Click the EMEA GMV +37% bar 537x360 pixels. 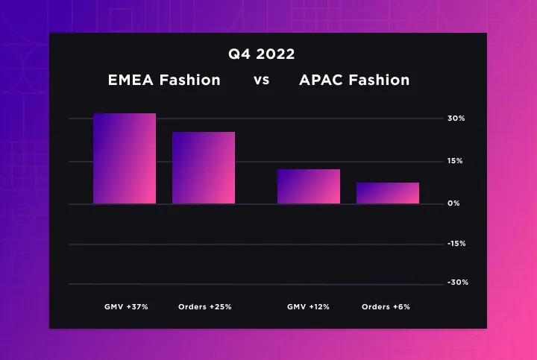click(x=125, y=159)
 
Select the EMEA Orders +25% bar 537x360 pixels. click(x=204, y=168)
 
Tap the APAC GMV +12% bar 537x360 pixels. click(x=309, y=186)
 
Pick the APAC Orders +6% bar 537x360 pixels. click(x=388, y=193)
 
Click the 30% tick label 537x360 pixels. click(x=456, y=119)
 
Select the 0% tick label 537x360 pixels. click(x=453, y=203)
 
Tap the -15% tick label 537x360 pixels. click(x=457, y=244)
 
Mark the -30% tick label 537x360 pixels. click(x=458, y=282)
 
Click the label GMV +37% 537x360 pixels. click(x=126, y=307)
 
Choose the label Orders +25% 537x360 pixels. click(x=205, y=307)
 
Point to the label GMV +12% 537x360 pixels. click(x=308, y=307)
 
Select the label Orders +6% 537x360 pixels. click(x=386, y=307)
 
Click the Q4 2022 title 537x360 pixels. click(x=261, y=54)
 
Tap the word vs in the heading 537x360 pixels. click(x=261, y=80)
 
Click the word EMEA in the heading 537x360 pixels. click(x=131, y=80)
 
